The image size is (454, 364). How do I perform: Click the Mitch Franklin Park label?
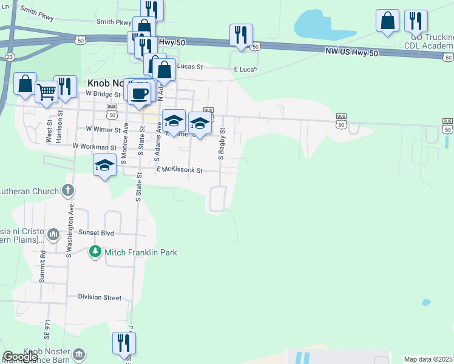coord(140,252)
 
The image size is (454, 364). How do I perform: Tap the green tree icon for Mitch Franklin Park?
coord(95,251)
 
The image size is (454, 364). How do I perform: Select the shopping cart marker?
coord(46,93)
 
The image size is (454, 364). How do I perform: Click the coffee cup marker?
coord(139,93)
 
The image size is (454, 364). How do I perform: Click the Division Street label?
coord(100,297)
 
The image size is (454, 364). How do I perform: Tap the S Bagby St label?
coord(222,144)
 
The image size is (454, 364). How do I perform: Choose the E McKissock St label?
coord(179,170)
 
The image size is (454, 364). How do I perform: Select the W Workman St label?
coord(94,147)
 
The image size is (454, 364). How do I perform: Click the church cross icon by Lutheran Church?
coord(68,190)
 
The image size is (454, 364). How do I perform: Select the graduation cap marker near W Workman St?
coord(104,166)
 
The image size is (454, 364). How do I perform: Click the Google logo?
coord(20,357)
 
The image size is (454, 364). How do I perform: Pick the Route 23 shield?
coord(10,56)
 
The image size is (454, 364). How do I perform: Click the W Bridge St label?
coord(104,94)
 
